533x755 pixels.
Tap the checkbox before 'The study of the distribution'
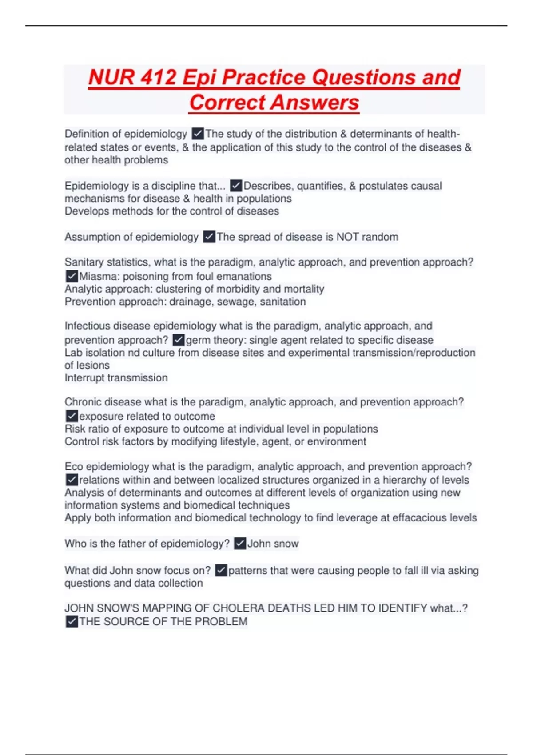click(x=198, y=134)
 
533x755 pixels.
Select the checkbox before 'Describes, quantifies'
click(x=236, y=186)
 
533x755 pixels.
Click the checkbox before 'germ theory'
click(x=179, y=340)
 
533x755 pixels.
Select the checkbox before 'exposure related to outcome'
click(x=72, y=416)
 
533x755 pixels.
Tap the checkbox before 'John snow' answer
click(x=240, y=544)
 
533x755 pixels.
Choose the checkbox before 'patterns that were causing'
click(x=221, y=571)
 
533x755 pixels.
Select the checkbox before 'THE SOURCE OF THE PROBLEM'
click(x=72, y=622)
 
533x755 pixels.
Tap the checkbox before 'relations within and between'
click(x=72, y=480)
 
